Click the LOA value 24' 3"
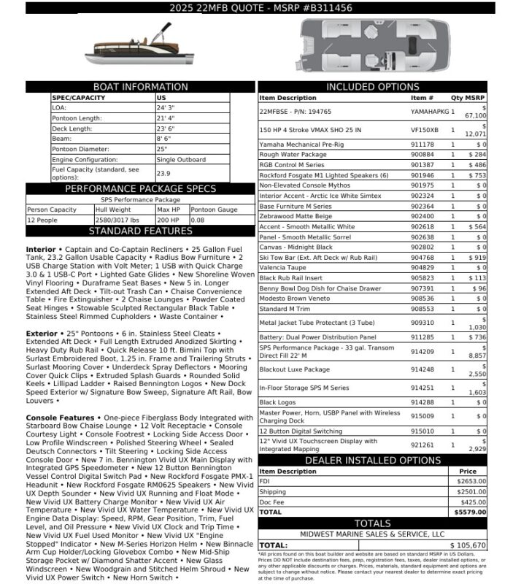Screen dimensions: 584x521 166,107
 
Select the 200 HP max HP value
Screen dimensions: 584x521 168,220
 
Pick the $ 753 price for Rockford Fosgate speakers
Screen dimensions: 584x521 476,175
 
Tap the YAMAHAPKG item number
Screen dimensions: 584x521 428,112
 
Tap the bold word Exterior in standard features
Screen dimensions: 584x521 42,334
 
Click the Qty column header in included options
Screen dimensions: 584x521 456,98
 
